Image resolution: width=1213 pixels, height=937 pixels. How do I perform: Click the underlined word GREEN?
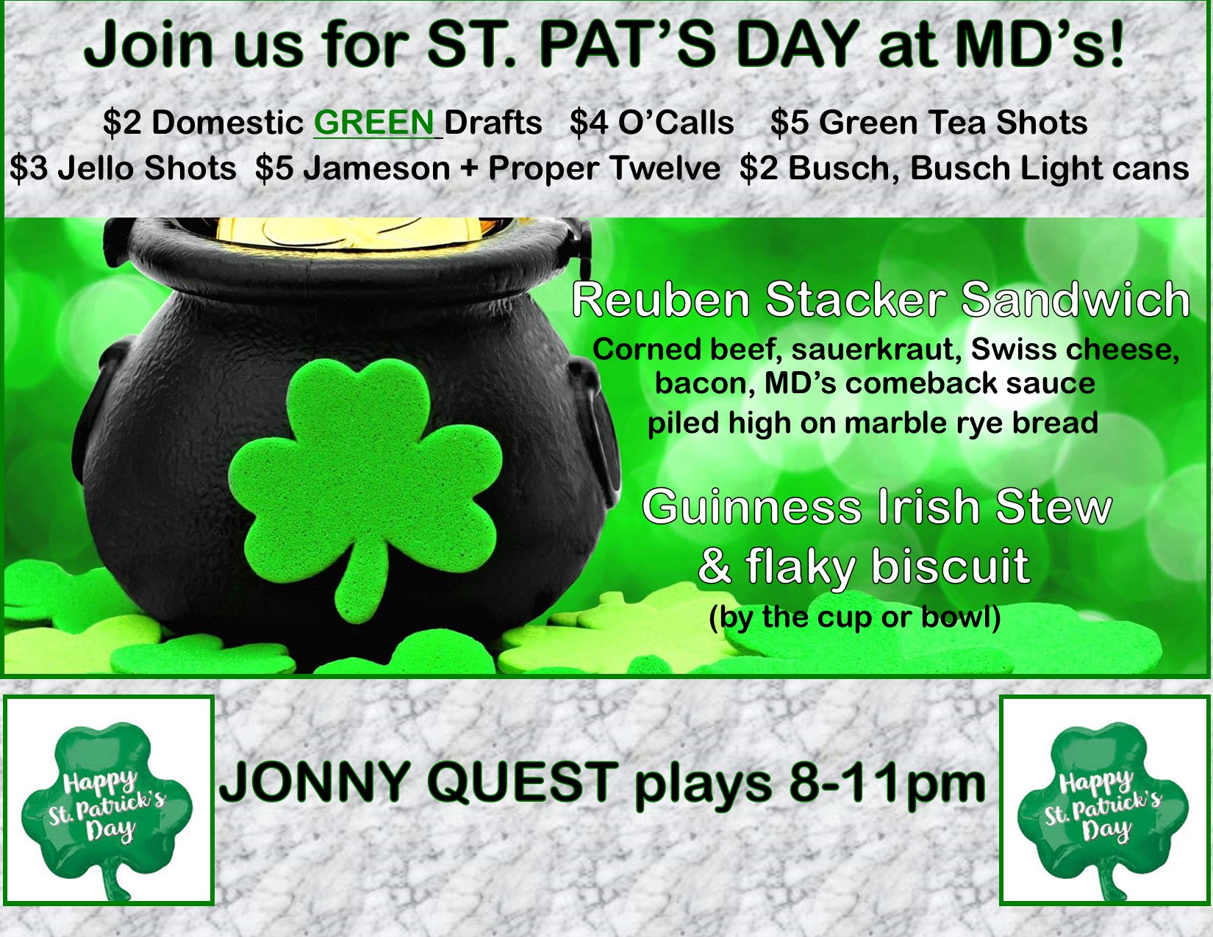[375, 122]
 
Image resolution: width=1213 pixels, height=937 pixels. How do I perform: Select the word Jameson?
[378, 168]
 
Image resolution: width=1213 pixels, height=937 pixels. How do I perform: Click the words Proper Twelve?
[604, 168]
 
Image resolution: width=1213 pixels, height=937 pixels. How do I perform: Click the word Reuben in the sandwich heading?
[661, 301]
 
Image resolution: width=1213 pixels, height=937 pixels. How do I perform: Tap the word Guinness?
[753, 507]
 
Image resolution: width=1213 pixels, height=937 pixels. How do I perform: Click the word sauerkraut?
[876, 351]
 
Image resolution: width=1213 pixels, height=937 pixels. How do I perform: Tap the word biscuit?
[950, 566]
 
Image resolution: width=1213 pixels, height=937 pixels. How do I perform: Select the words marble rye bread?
[970, 423]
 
